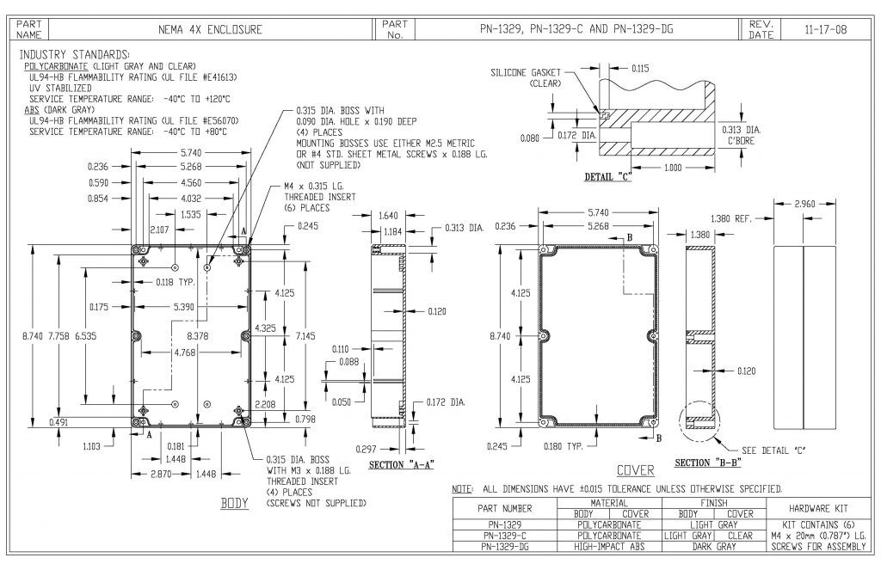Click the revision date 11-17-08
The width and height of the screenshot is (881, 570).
click(x=824, y=29)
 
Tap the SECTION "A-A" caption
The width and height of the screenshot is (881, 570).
click(x=400, y=464)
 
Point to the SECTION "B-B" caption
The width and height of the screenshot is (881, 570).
click(x=704, y=463)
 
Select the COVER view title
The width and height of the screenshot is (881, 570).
click(x=636, y=470)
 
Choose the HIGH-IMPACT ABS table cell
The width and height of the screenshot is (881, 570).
click(x=608, y=546)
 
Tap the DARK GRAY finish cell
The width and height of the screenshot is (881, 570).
click(x=714, y=546)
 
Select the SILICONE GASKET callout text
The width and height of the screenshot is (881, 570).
click(x=526, y=73)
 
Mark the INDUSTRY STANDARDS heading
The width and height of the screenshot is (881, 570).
click(x=74, y=53)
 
